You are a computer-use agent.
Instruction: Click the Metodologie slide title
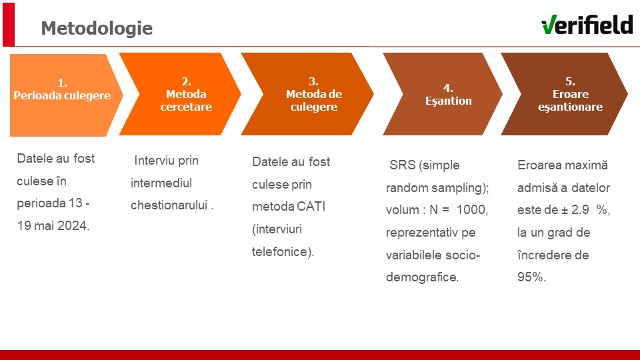coord(97,28)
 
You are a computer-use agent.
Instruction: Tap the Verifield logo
coord(587,25)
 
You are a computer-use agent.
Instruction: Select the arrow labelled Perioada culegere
coord(66,95)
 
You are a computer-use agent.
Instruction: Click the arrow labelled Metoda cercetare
coord(180,94)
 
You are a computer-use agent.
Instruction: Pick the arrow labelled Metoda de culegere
coord(307,94)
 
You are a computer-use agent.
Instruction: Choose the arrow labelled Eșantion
coord(443,94)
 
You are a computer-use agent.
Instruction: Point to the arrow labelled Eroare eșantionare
coord(565,94)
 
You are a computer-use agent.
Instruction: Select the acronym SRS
coord(402,165)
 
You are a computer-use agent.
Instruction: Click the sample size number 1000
coord(472,210)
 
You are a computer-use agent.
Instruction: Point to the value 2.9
coord(580,210)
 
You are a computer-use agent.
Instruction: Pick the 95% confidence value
coord(531,277)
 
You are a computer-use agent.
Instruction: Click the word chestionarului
coord(169,205)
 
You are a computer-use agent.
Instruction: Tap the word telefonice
coord(281,252)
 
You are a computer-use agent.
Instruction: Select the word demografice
coord(422,277)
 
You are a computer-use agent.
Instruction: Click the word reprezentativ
coord(421,233)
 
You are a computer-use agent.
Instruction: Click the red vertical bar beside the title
coord(9,25)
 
